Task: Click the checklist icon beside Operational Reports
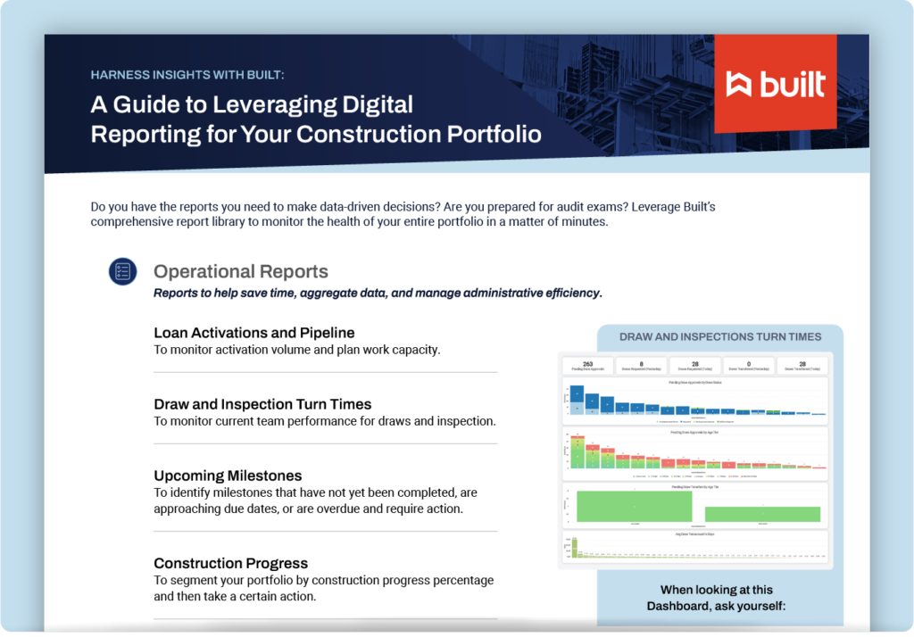pyautogui.click(x=122, y=272)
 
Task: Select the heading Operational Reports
pyautogui.click(x=241, y=272)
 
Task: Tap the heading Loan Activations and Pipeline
pyautogui.click(x=254, y=333)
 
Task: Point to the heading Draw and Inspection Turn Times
pyautogui.click(x=262, y=404)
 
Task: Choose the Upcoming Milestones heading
pyautogui.click(x=228, y=476)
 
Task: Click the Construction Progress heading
pyautogui.click(x=230, y=563)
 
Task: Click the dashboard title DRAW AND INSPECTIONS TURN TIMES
pyautogui.click(x=720, y=337)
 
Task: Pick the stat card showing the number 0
pyautogui.click(x=747, y=365)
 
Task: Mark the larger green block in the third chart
pyautogui.click(x=634, y=506)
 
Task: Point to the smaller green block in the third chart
pyautogui.click(x=762, y=514)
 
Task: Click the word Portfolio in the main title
pyautogui.click(x=492, y=134)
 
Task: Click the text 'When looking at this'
pyautogui.click(x=717, y=590)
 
